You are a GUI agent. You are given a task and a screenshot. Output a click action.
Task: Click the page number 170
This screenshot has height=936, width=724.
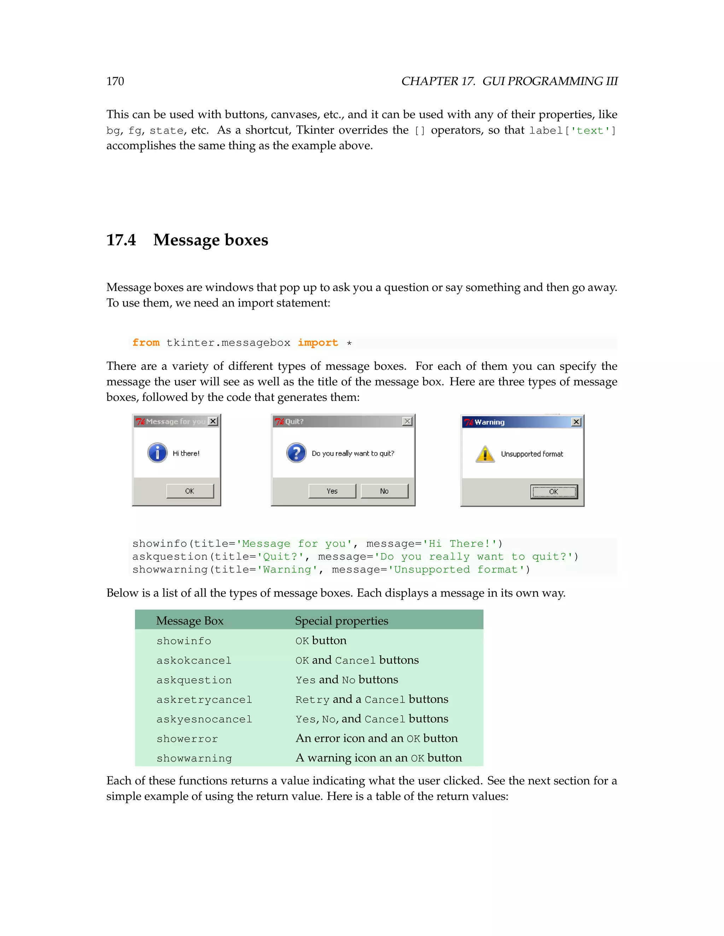pos(115,82)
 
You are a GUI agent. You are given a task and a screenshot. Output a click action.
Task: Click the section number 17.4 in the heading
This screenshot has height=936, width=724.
pos(121,240)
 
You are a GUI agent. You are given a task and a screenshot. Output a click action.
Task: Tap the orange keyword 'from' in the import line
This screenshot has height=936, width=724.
pos(146,343)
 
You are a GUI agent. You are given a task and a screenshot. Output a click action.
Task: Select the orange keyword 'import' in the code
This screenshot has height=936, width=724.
pos(318,343)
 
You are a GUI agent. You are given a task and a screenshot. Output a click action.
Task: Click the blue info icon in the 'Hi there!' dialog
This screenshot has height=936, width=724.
pos(157,452)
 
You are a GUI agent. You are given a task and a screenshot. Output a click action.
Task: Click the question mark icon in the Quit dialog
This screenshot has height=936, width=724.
pos(296,452)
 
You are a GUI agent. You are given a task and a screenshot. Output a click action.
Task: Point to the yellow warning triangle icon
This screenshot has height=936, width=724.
pos(485,454)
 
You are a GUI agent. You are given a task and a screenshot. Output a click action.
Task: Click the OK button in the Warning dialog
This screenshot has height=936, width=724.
pos(554,492)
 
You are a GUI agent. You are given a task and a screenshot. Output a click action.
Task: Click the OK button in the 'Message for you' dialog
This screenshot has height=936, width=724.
pos(189,491)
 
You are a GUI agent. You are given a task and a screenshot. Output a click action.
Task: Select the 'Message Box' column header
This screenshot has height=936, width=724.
pos(189,621)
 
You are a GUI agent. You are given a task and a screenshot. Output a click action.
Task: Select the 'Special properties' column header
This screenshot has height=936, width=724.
pos(341,621)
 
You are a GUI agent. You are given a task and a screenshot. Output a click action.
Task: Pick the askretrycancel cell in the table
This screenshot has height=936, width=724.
pos(204,699)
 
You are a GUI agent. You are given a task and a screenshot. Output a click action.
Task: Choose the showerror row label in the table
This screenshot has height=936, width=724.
pos(187,739)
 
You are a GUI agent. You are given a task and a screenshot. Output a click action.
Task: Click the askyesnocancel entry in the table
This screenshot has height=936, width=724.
pos(204,719)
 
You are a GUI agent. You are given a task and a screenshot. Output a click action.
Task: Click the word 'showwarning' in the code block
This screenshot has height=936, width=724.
pos(170,570)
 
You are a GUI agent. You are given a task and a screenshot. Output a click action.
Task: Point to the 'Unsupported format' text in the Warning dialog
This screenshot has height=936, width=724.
pos(532,454)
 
